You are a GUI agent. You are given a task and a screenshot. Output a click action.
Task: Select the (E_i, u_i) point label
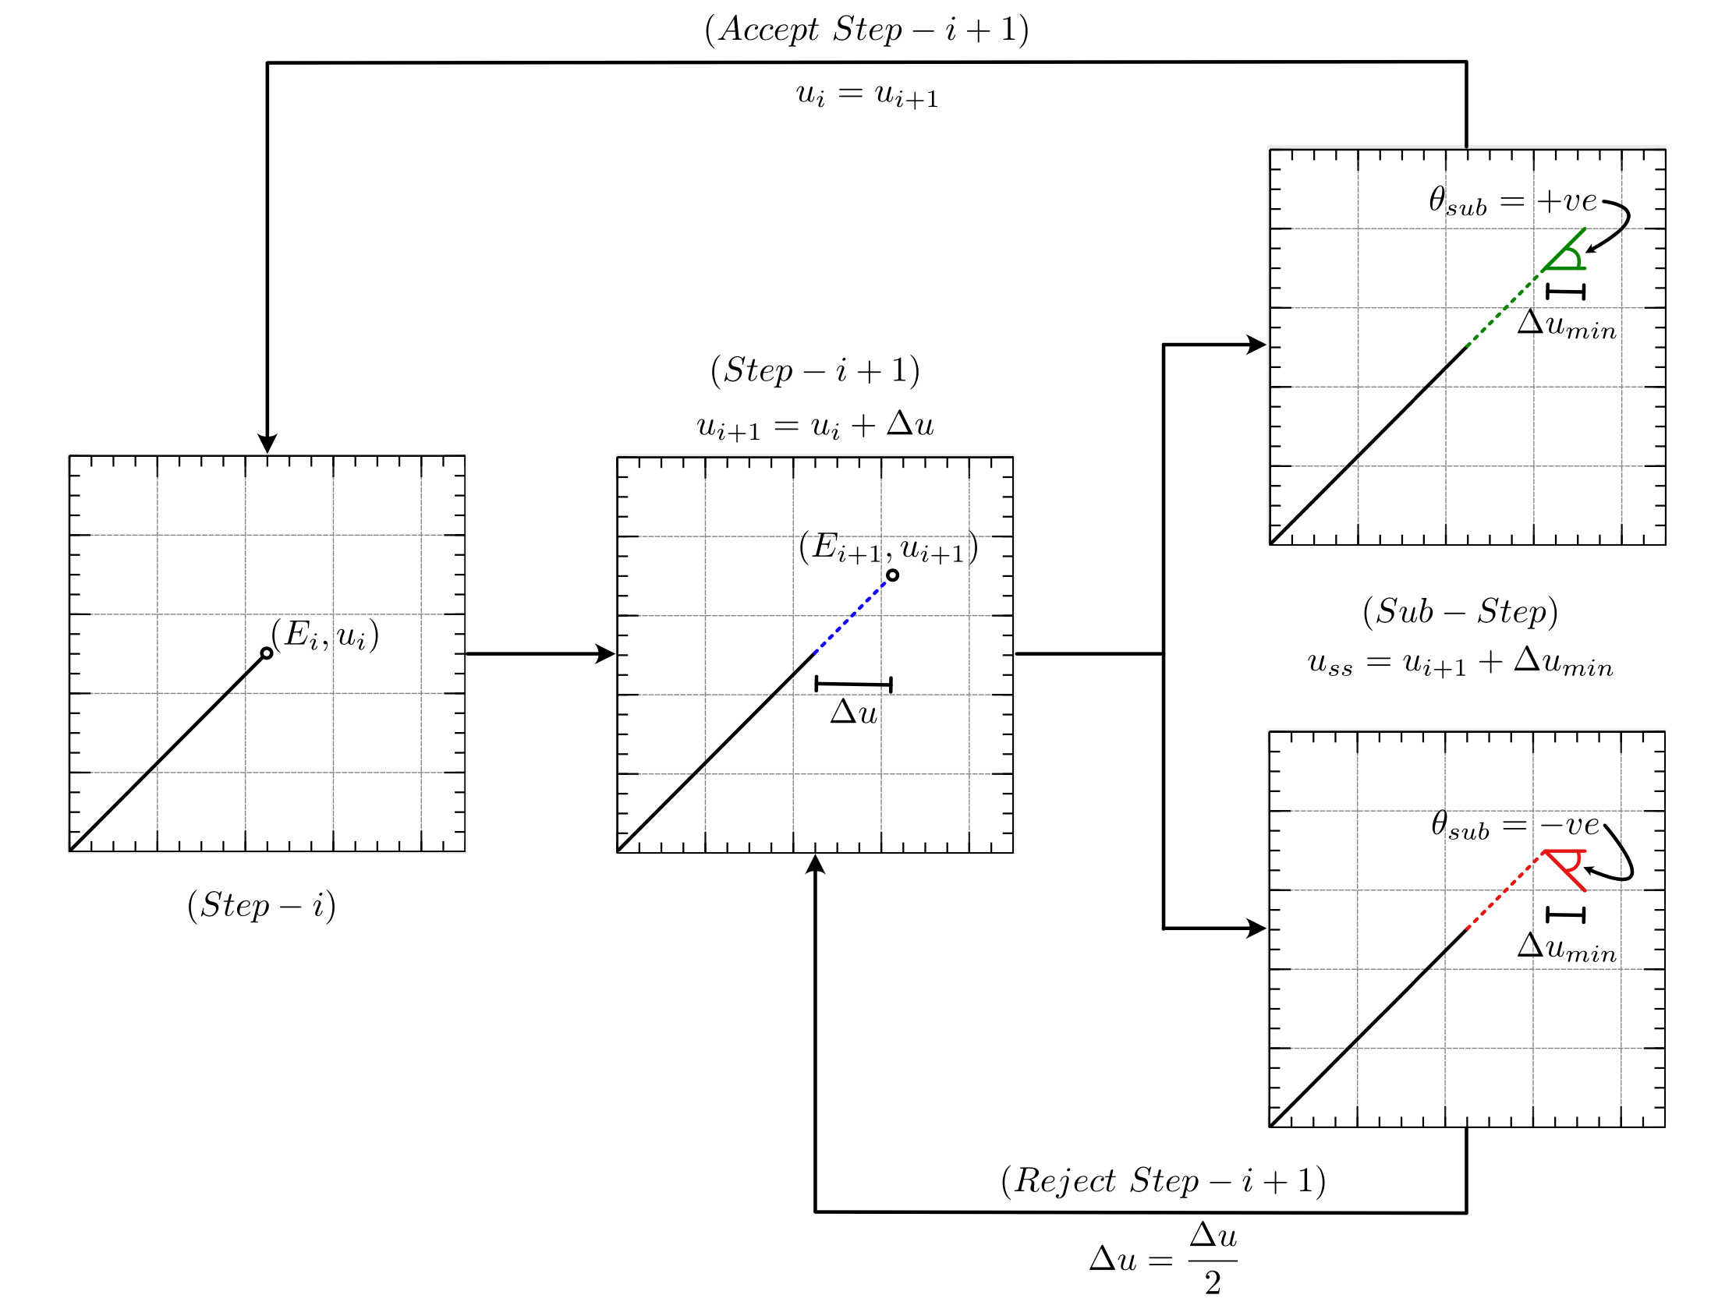point(324,635)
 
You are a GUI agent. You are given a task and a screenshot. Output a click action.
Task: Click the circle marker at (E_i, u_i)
point(267,653)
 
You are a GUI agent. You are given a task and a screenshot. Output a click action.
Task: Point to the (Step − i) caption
point(261,907)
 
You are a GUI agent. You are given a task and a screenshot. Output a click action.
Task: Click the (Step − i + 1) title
point(815,370)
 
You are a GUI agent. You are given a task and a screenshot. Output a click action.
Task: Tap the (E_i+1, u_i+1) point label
point(887,547)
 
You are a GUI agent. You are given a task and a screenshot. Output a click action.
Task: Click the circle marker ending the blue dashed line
point(892,575)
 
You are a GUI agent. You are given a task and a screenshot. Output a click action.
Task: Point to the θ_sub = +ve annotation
point(1512,202)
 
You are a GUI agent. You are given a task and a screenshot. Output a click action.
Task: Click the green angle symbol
point(1566,254)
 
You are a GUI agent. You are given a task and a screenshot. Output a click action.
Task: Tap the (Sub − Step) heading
point(1461,612)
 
